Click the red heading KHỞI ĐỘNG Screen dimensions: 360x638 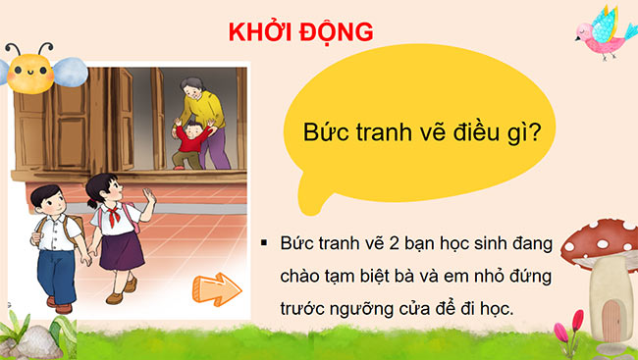300,31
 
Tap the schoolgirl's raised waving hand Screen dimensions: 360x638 148,200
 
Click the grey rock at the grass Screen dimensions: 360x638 39,339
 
